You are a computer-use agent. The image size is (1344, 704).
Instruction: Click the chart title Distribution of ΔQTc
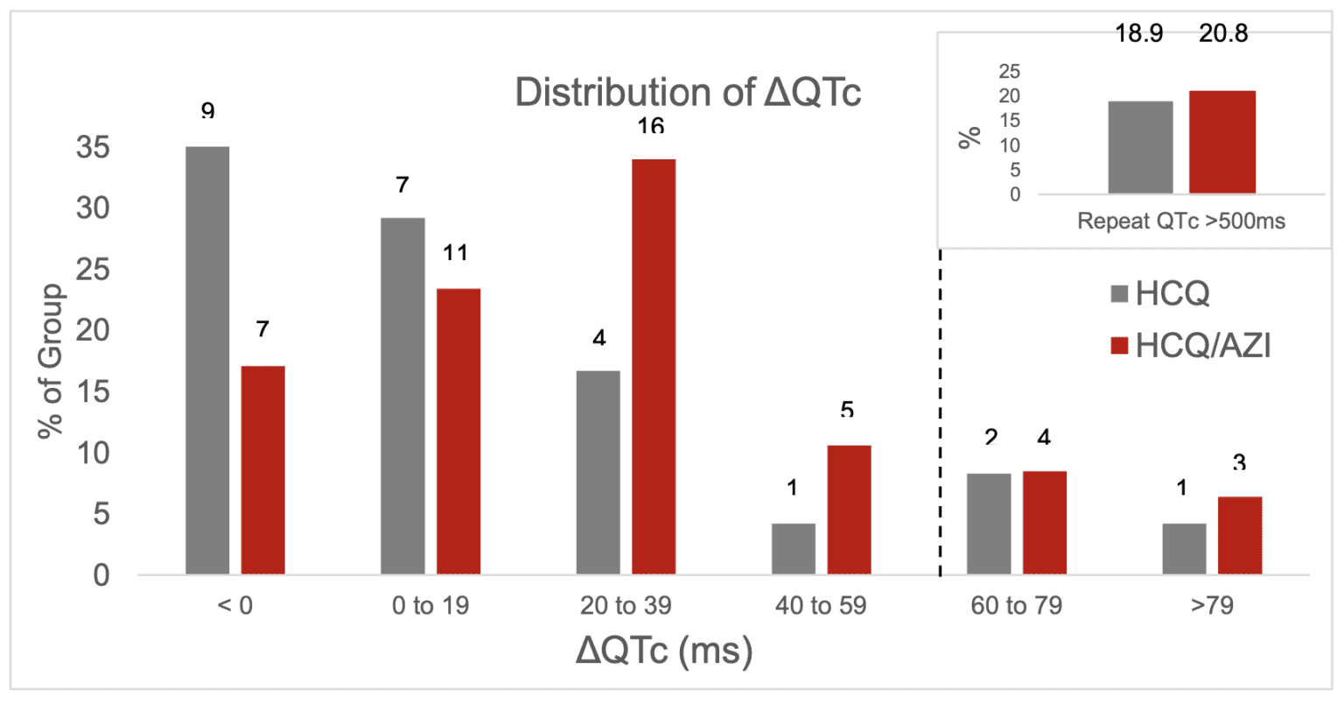coord(688,92)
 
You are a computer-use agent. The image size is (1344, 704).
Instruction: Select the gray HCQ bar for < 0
coord(207,360)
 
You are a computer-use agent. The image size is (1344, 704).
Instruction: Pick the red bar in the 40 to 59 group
coord(849,510)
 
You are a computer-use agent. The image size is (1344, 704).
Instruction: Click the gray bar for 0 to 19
coord(402,396)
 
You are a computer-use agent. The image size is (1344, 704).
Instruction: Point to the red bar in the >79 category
coord(1240,535)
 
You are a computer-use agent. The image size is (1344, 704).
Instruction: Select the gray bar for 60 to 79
coord(989,524)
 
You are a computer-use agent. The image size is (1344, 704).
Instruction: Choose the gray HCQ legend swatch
coord(1119,294)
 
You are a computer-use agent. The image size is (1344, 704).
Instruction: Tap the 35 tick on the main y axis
coord(93,148)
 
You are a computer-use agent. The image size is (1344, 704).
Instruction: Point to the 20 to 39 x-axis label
coord(625,606)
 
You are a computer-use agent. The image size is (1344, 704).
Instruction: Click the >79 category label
coord(1212,606)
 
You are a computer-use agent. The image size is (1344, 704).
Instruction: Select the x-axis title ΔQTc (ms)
coord(663,651)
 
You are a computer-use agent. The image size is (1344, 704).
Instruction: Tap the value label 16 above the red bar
coord(650,127)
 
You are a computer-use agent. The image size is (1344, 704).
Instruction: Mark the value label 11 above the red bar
coord(455,253)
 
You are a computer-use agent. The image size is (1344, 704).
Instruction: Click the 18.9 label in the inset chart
coord(1138,35)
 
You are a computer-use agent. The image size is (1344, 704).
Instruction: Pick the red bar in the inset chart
coord(1222,142)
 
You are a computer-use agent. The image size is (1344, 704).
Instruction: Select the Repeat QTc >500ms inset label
coord(1181,221)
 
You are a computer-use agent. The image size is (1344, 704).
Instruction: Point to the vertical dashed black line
coord(941,412)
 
